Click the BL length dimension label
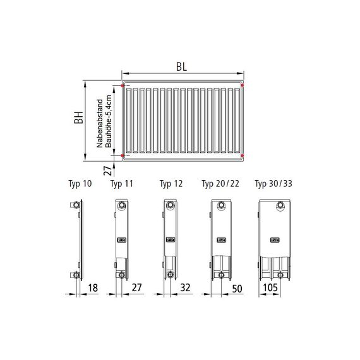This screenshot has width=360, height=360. [x=181, y=67]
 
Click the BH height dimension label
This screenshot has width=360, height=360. [x=78, y=117]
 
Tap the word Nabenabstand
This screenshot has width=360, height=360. [x=100, y=123]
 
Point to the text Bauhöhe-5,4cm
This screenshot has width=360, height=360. [x=108, y=121]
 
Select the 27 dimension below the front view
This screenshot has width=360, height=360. [x=107, y=171]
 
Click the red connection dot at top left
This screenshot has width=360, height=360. [x=122, y=86]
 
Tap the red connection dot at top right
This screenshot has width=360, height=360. [x=243, y=85]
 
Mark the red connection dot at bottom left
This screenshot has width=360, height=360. [x=122, y=155]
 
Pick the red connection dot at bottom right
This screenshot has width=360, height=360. [x=243, y=155]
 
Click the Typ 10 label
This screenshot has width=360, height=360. [x=80, y=184]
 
